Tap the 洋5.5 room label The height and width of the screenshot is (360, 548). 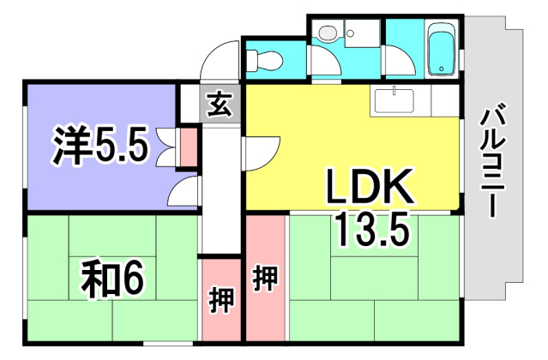click(x=101, y=147)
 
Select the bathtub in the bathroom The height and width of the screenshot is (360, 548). click(x=442, y=49)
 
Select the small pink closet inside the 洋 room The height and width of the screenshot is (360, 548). click(x=187, y=147)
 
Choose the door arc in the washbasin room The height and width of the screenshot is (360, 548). click(x=324, y=65)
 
